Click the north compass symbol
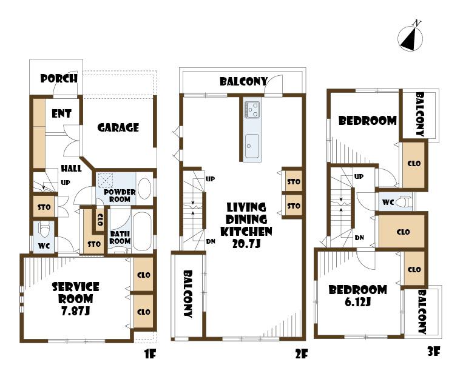411,38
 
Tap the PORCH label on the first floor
59,78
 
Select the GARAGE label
118,127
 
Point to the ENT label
61,113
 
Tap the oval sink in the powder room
144,189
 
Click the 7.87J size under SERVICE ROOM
76,311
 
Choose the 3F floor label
433,351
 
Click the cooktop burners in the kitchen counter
252,110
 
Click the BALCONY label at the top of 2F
243,81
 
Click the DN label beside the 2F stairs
211,241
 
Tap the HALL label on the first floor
71,170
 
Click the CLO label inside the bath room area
100,219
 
